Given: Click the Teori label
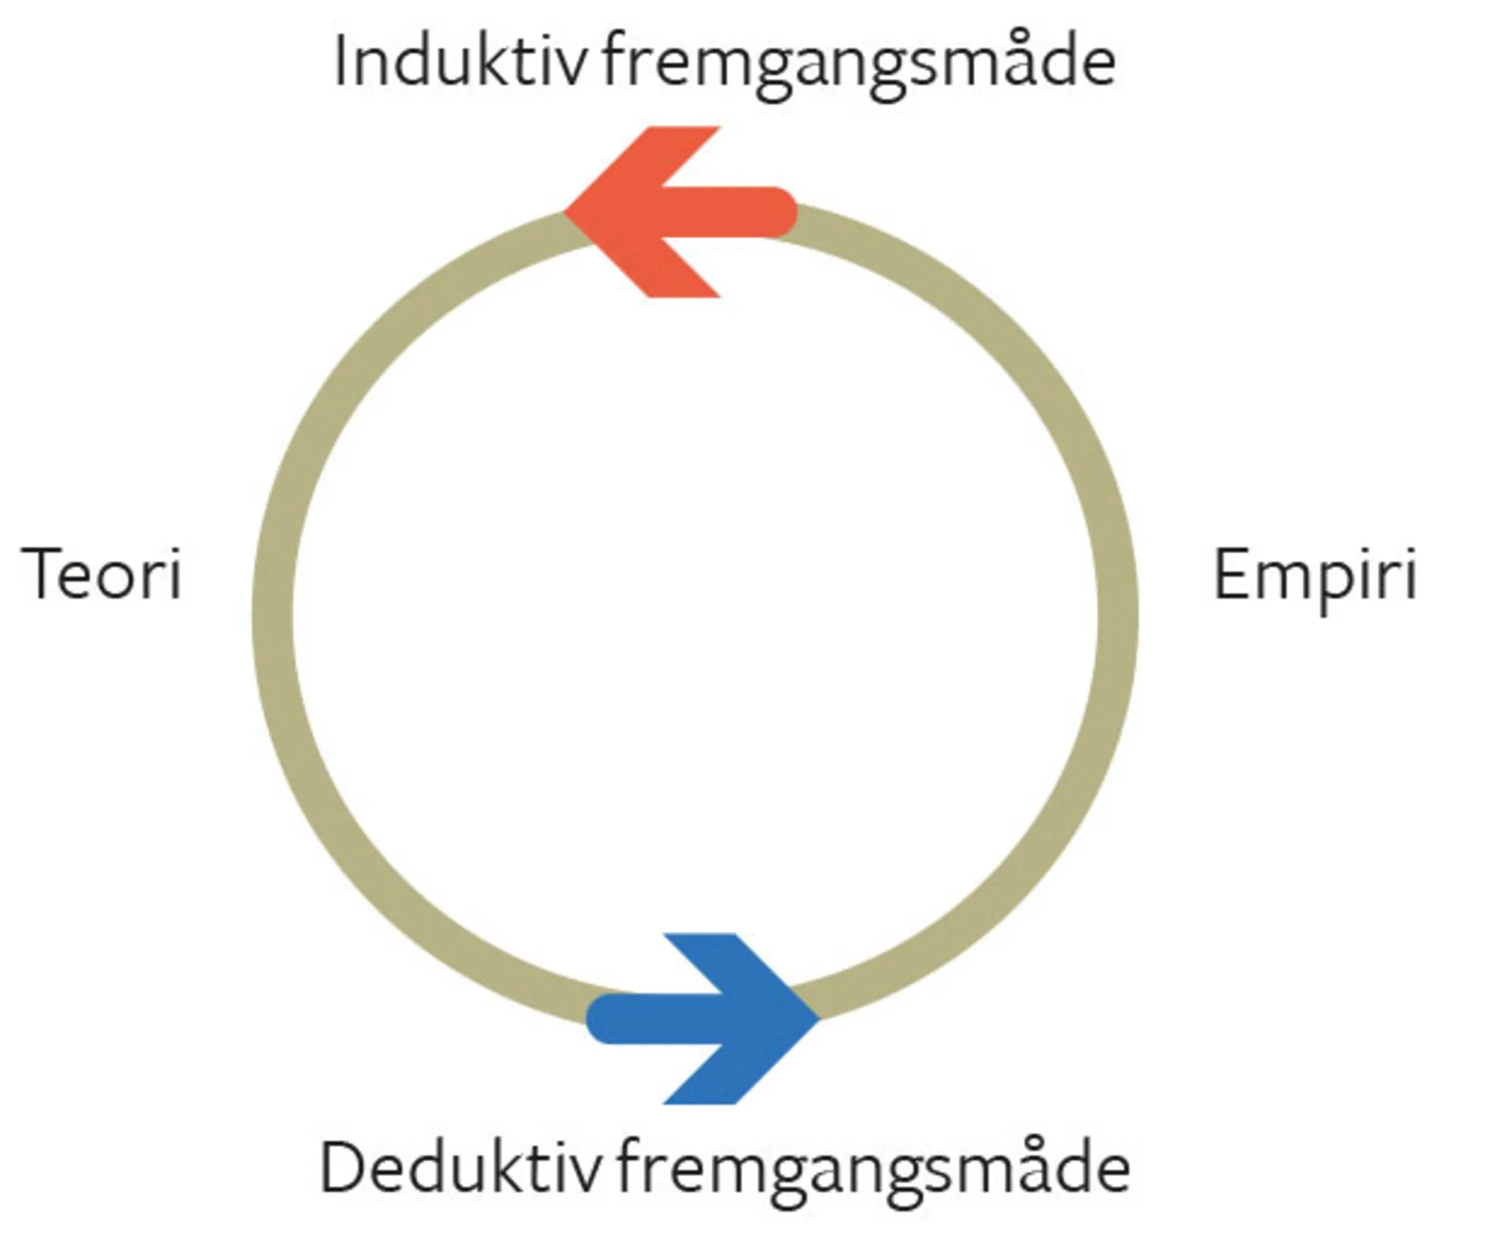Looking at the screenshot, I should (x=102, y=574).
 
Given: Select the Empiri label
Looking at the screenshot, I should (x=1315, y=577).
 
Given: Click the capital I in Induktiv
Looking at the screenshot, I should (x=341, y=62).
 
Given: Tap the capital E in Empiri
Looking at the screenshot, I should (x=1231, y=574).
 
